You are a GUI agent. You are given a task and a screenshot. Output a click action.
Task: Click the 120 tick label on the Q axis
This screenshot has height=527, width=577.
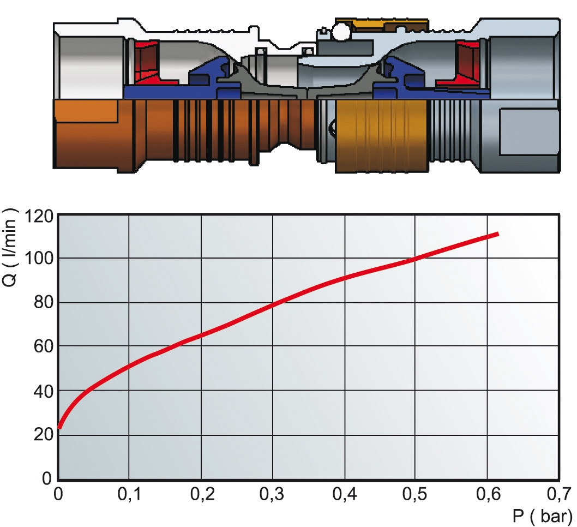click(39, 217)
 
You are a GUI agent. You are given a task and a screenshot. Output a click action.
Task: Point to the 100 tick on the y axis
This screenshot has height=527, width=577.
click(39, 259)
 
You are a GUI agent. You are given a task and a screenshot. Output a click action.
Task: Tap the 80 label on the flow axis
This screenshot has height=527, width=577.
click(44, 303)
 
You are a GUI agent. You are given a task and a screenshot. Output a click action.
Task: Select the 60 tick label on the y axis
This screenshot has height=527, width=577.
click(44, 346)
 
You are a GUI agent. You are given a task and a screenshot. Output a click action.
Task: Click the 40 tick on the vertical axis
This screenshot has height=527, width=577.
click(44, 391)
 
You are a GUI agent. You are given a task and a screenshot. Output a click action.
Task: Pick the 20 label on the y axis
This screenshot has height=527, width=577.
click(44, 435)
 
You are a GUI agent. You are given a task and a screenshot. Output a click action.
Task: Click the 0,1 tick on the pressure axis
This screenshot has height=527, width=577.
click(129, 494)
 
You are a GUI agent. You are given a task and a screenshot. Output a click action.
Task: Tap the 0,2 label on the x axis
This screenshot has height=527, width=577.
click(202, 494)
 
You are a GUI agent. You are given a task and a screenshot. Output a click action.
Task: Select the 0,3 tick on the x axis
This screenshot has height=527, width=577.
click(272, 494)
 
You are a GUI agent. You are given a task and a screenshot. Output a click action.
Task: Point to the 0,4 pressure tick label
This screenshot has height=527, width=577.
click(345, 494)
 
